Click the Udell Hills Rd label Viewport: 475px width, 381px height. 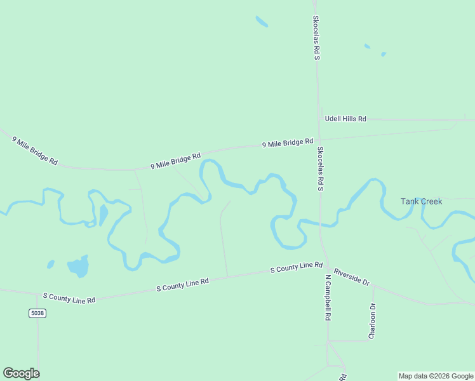(x=345, y=119)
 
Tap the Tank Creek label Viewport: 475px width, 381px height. (x=421, y=201)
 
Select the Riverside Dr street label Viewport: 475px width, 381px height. (x=352, y=275)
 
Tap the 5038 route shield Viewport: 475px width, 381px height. (x=37, y=313)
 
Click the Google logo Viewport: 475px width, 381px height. (x=21, y=373)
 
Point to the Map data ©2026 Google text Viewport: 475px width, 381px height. (x=436, y=376)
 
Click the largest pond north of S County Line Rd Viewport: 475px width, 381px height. (x=78, y=267)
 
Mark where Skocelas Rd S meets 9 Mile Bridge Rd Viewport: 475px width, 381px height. (x=319, y=140)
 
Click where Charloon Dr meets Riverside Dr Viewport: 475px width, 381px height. (x=373, y=285)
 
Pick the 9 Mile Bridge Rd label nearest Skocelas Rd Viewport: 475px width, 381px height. (x=288, y=144)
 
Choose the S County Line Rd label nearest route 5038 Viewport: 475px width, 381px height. (x=69, y=297)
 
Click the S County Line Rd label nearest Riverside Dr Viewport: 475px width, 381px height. (x=297, y=268)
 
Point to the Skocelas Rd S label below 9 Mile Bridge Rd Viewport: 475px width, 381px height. (x=321, y=169)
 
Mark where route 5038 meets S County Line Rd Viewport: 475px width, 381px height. (x=37, y=293)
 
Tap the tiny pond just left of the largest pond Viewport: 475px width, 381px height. (x=51, y=264)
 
